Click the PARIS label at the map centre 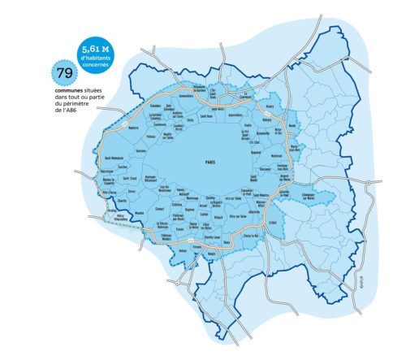pyautogui.click(x=209, y=163)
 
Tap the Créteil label pyautogui.click(x=273, y=224)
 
